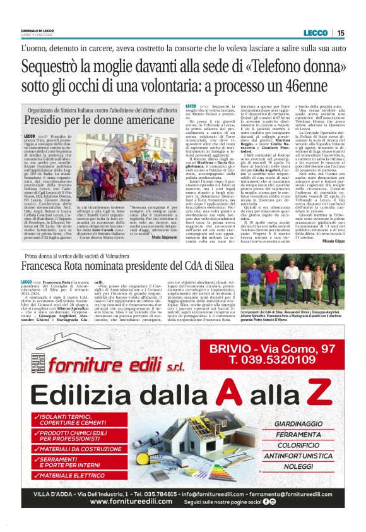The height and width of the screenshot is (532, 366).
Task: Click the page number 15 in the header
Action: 341,33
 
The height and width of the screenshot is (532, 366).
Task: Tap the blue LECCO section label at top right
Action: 316,33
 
